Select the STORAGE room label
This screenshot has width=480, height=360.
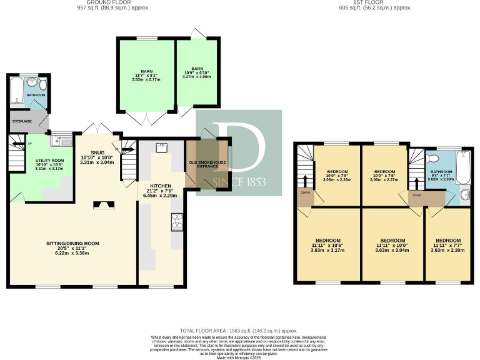pyautogui.click(x=22, y=121)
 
